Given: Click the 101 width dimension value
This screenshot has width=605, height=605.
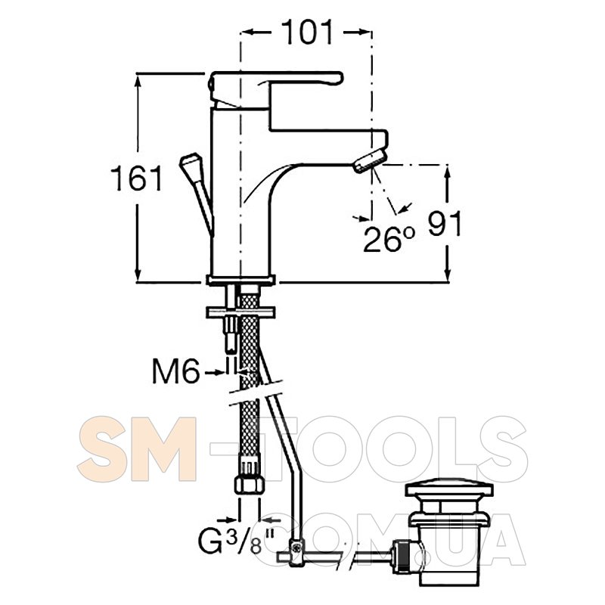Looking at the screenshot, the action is tap(307, 32).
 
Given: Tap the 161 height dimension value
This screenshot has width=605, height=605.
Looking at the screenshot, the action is tap(137, 178).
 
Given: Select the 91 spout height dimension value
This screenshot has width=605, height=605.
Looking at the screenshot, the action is tap(445, 223).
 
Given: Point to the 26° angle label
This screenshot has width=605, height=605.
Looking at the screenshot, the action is tap(389, 240).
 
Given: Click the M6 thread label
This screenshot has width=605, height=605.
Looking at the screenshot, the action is tap(176, 372).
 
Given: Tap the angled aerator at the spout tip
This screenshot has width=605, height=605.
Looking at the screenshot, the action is tap(370, 161).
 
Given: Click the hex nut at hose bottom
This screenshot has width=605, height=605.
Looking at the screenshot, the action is tap(250, 485).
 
